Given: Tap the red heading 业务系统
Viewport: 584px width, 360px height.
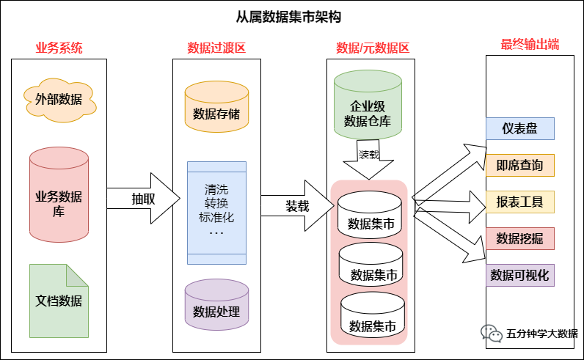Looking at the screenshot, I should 59,48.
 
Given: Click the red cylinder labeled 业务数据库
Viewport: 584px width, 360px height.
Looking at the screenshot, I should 59,196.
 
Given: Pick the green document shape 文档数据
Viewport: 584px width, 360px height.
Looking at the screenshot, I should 59,301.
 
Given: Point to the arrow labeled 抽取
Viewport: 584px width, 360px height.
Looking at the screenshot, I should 144,198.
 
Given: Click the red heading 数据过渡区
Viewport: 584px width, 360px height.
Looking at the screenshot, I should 216,48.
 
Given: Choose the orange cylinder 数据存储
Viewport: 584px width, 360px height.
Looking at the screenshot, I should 216,110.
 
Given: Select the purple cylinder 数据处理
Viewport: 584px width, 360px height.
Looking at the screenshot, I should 216,308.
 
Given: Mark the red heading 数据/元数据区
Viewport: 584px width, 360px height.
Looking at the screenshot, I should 373,48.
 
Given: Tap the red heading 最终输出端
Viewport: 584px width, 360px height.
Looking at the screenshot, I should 530,44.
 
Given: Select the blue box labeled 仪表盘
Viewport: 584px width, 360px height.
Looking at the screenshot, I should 520,129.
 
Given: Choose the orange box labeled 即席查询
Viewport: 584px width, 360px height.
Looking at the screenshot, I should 520,165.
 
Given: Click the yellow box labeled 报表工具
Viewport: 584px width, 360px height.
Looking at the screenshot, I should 520,202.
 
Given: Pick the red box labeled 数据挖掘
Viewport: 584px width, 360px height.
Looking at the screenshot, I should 520,238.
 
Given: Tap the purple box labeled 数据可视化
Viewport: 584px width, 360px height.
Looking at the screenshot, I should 520,275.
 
